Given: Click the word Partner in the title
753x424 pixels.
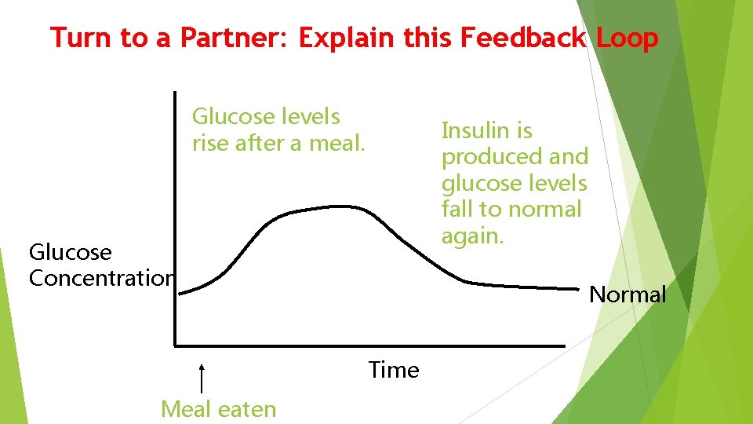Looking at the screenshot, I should click(x=238, y=38).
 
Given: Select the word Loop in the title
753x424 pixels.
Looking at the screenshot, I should click(x=626, y=38).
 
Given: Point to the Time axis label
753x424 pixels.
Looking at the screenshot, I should click(x=394, y=370).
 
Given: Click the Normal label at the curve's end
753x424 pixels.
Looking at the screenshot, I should click(x=627, y=294).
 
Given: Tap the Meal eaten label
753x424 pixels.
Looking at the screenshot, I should click(x=218, y=409).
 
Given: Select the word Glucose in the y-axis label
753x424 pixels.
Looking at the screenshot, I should click(x=70, y=252).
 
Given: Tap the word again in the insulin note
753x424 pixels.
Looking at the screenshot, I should click(x=471, y=236).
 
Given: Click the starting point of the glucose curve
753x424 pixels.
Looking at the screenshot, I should click(x=181, y=293).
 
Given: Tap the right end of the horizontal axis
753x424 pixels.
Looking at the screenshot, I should click(x=563, y=345).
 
